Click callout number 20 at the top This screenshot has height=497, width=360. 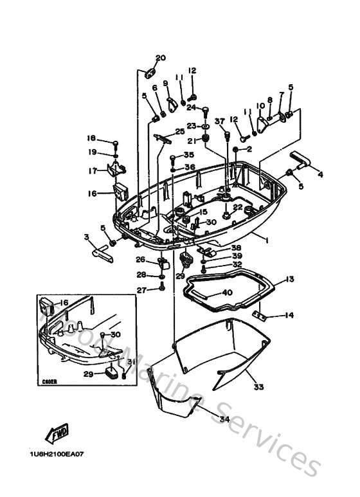[160, 58]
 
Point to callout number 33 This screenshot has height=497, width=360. [258, 387]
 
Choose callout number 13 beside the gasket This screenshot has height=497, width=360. [290, 279]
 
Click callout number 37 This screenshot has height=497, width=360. [219, 121]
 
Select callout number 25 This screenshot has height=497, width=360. [180, 131]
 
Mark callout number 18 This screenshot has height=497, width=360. [91, 138]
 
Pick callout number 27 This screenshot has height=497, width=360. [140, 290]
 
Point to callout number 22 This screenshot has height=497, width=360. [237, 207]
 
